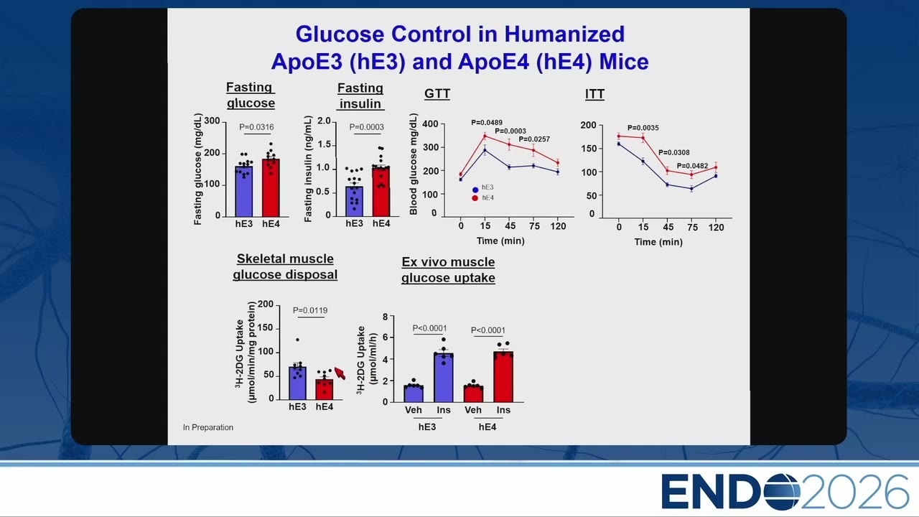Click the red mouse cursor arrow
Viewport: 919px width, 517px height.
(340, 373)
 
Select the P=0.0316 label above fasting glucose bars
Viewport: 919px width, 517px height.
(256, 127)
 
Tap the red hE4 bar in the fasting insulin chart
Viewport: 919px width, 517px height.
(381, 191)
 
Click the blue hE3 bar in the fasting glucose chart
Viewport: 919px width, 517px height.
(243, 191)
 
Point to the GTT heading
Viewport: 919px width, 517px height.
(437, 94)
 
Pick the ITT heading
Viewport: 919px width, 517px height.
(594, 94)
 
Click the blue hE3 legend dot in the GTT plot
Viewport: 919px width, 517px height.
(475, 190)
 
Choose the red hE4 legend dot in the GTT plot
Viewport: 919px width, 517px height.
(475, 198)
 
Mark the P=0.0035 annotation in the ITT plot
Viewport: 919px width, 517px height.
(643, 128)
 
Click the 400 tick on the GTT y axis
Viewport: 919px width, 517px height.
(430, 124)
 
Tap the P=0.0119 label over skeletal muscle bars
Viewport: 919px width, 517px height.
(310, 311)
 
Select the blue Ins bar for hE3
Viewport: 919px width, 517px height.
(444, 378)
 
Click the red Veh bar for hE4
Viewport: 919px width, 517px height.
(473, 394)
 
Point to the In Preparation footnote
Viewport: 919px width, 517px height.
(208, 427)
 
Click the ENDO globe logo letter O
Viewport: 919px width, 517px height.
(782, 492)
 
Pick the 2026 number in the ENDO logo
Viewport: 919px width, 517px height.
(854, 492)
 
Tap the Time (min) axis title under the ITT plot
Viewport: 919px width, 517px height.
(658, 242)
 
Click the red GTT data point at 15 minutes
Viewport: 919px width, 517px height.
(485, 136)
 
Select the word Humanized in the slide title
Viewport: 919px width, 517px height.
(564, 34)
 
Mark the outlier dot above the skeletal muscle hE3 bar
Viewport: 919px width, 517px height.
(297, 340)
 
